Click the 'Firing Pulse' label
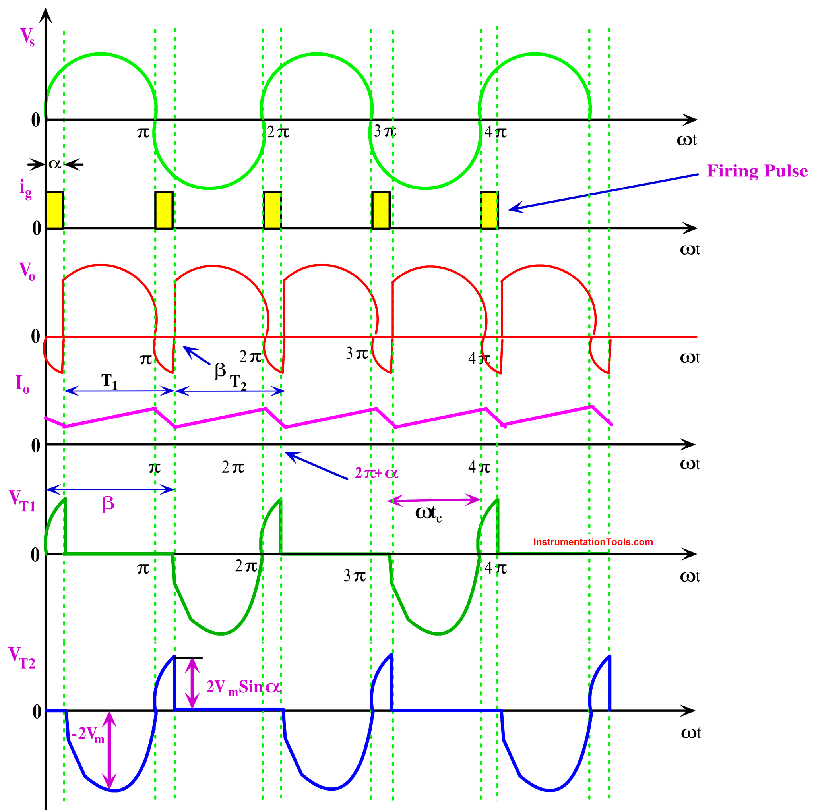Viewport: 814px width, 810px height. (757, 171)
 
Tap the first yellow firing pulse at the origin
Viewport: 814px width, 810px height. (55, 210)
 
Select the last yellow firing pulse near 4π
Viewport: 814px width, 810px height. (489, 210)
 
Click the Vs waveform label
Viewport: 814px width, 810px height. (27, 37)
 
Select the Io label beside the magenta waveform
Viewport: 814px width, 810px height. (22, 385)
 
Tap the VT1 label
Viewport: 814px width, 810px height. (22, 501)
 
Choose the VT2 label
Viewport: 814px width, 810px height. (22, 657)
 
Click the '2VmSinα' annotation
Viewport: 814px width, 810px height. (243, 687)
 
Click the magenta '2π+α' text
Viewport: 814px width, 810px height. (376, 473)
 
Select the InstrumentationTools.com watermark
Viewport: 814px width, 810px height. (593, 542)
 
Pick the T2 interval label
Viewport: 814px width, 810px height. (238, 382)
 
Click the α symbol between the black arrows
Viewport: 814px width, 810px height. (55, 164)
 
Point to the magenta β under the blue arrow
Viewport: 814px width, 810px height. (108, 503)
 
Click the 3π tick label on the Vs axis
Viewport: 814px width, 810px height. (385, 131)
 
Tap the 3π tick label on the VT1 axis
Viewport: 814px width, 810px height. (354, 576)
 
